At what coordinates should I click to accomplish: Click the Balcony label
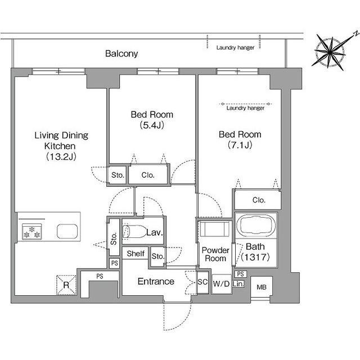point(121,54)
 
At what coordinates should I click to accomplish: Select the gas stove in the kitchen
point(31,232)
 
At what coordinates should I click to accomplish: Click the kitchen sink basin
point(67,231)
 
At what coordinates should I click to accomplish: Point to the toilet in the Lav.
point(134,231)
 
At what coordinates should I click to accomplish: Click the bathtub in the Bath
point(256,224)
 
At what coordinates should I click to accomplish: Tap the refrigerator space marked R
point(66,285)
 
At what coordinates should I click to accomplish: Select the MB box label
point(262,287)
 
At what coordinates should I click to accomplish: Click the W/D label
point(221,283)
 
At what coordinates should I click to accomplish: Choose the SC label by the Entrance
point(202,282)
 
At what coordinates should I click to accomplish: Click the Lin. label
point(238,284)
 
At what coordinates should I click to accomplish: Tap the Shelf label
point(136,254)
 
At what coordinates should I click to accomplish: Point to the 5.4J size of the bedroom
point(152,125)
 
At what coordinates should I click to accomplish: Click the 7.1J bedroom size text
point(240,145)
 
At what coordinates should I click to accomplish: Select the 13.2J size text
point(61,156)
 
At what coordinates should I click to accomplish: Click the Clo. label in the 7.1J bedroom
point(259,200)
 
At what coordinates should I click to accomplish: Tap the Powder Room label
point(215,254)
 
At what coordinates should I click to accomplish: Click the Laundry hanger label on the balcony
point(235,48)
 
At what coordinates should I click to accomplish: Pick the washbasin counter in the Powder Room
point(214,229)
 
